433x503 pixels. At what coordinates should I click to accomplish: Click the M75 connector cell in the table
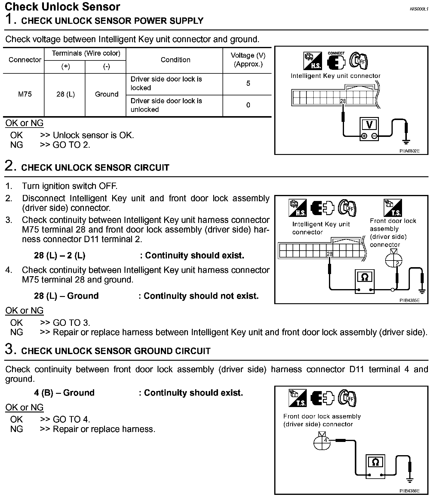point(25,94)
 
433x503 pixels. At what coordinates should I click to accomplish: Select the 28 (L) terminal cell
point(65,94)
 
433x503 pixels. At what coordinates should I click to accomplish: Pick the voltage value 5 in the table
point(248,83)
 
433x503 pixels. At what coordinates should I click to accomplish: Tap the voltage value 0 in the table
point(248,105)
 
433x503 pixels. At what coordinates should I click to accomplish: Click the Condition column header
point(175,60)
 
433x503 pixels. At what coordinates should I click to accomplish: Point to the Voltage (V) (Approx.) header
point(248,60)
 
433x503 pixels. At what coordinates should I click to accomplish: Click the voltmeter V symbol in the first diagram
point(369,125)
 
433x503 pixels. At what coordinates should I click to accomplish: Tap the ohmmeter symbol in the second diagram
point(364,277)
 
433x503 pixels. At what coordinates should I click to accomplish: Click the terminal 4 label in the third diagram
point(325,440)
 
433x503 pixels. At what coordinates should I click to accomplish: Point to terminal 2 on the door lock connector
point(397,263)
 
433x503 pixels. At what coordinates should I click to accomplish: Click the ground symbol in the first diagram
point(406,141)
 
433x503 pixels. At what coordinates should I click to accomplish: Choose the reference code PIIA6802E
point(409,151)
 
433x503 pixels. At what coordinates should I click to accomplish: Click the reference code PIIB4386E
point(409,491)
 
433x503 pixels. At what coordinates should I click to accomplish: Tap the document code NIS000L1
point(419,9)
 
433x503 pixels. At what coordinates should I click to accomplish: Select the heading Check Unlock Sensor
point(63,7)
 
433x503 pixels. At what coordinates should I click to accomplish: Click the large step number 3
point(9,349)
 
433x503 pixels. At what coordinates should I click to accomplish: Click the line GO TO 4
point(71,419)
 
